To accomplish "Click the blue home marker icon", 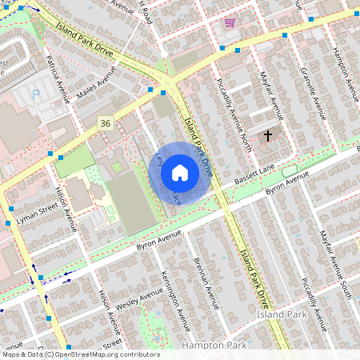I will click(x=180, y=173).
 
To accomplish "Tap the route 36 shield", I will click(x=105, y=122).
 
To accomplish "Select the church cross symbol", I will click(x=268, y=136).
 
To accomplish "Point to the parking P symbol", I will click(x=35, y=94).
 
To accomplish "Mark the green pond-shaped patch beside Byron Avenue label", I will click(x=289, y=172).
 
